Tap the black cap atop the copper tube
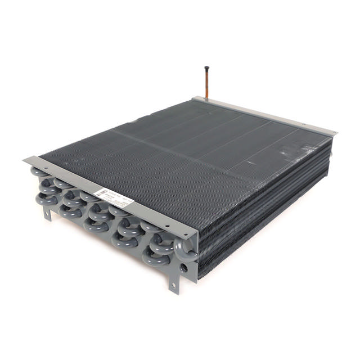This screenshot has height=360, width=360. click(x=206, y=69)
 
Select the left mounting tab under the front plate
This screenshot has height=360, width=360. click(x=47, y=213)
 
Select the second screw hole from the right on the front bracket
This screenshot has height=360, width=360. click(x=166, y=226)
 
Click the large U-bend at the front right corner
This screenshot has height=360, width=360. click(x=186, y=247)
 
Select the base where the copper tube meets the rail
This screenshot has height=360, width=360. click(x=206, y=99)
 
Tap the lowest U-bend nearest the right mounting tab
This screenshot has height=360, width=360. click(x=153, y=258)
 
